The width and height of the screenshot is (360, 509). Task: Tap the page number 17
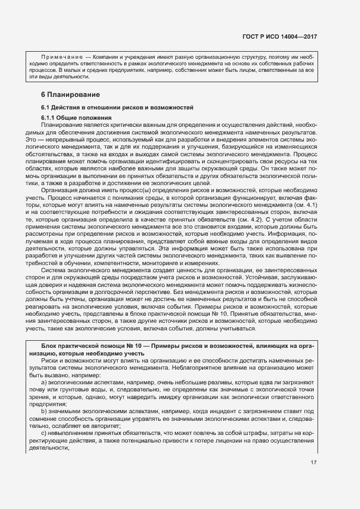pos(314,463)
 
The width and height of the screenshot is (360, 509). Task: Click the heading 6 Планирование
pos(67,95)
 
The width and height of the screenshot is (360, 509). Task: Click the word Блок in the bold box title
pos(50,346)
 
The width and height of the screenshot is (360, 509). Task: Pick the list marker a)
pos(45,382)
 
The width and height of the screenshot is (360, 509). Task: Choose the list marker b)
pos(45,411)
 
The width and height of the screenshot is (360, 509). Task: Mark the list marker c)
pos(45,432)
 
